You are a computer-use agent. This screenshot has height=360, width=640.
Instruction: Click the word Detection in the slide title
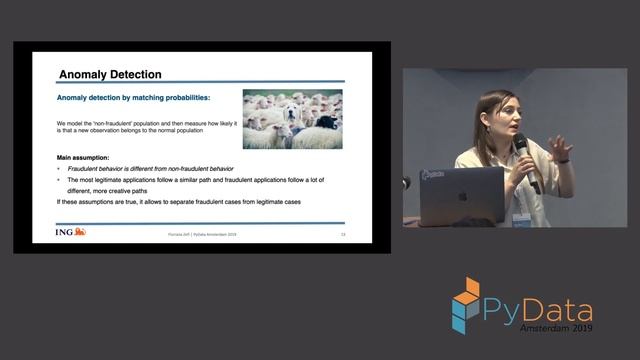pos(136,74)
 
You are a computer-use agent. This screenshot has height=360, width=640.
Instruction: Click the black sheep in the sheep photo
pos(325,122)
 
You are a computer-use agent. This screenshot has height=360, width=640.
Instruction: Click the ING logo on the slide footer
pos(71,232)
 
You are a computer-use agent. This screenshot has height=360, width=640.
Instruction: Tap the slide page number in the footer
pos(343,234)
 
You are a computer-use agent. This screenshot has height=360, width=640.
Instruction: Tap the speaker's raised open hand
pos(560,148)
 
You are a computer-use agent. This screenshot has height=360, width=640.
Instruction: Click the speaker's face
pos(500,112)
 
